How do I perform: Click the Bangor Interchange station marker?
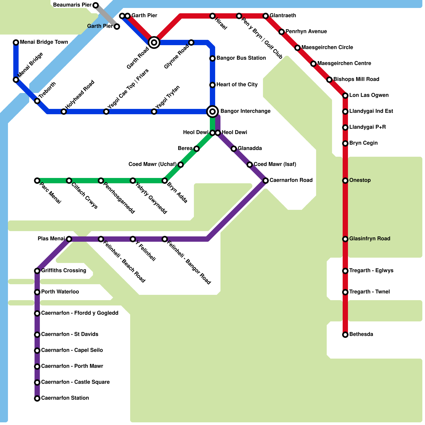click(x=212, y=112)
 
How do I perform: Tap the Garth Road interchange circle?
click(x=154, y=42)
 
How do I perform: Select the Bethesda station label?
click(x=361, y=334)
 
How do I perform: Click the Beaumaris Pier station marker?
click(x=96, y=5)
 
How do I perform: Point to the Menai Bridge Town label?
click(x=44, y=42)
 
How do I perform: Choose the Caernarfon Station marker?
click(x=37, y=398)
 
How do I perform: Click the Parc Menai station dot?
click(x=37, y=181)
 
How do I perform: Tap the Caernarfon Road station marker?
click(x=266, y=181)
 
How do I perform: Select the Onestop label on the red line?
click(x=360, y=180)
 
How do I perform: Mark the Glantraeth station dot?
click(x=266, y=16)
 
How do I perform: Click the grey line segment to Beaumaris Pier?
click(x=106, y=16)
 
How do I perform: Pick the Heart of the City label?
click(x=237, y=84)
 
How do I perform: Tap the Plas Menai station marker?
click(x=69, y=239)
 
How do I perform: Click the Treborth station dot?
click(x=37, y=101)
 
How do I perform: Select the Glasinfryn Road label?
click(x=369, y=239)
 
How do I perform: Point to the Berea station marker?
click(x=197, y=149)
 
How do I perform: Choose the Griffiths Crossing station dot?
click(x=37, y=271)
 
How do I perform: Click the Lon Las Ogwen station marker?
click(x=345, y=96)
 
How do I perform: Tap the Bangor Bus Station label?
click(x=241, y=58)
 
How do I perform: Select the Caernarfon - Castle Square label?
click(x=75, y=382)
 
